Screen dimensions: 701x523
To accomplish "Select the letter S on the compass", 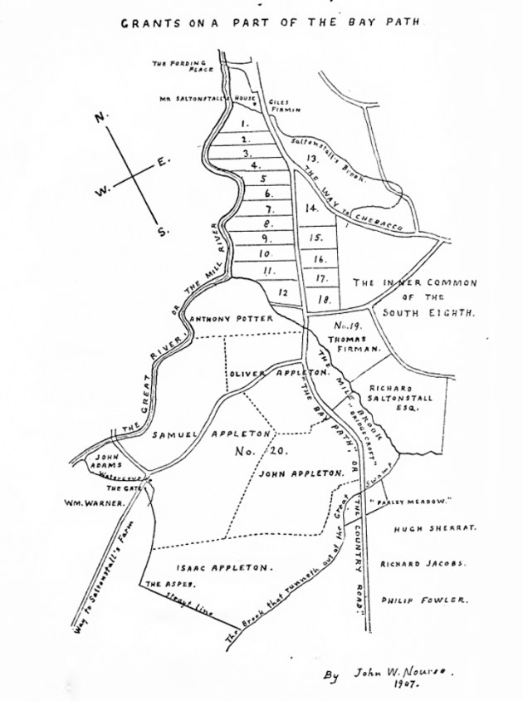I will [163, 232].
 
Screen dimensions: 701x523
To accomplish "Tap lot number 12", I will [284, 292].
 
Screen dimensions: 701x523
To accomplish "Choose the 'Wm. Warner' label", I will [90, 502].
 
